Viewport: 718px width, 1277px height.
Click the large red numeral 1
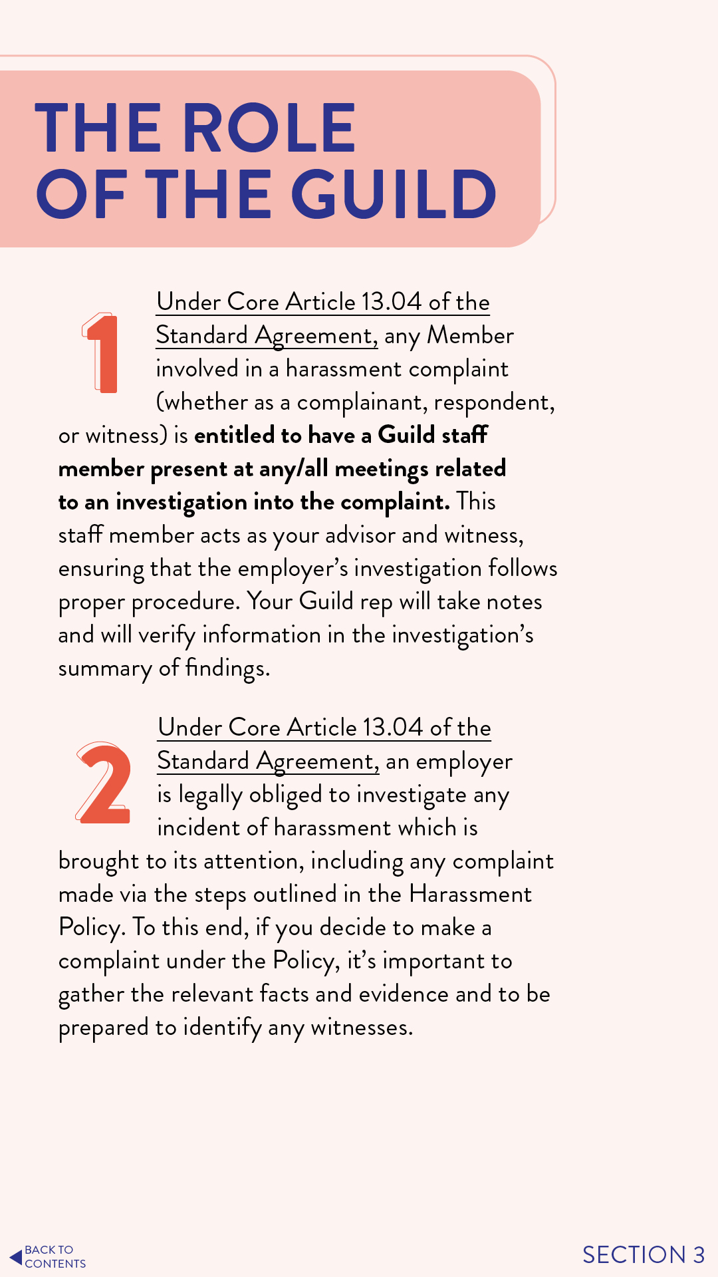(x=102, y=353)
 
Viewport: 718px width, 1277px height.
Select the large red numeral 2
(x=103, y=783)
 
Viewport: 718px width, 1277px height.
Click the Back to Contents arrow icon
(x=16, y=1257)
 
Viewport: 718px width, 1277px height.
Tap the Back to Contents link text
(x=55, y=1257)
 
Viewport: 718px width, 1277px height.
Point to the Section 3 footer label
(x=643, y=1254)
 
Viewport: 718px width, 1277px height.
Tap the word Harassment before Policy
(x=470, y=894)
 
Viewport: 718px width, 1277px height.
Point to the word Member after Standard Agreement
(x=470, y=335)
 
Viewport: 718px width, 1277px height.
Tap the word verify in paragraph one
(x=166, y=635)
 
